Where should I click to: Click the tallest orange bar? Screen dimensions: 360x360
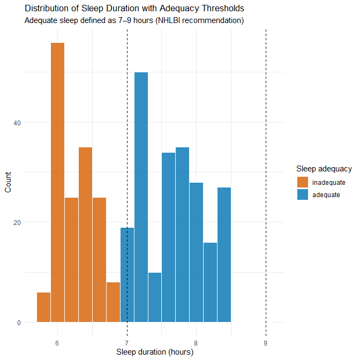click(57, 182)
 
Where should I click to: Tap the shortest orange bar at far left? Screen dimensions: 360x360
click(44, 307)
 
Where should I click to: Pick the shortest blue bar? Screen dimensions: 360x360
click(155, 297)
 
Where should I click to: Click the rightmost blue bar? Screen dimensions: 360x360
click(224, 254)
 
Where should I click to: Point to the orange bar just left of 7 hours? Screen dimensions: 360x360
click(113, 302)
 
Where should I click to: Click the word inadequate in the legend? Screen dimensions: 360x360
click(328, 183)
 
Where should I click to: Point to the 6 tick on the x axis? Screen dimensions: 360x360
click(57, 342)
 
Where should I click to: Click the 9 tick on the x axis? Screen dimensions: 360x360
click(266, 342)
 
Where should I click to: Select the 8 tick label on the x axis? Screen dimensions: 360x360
click(197, 342)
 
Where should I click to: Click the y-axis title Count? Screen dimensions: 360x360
click(8, 183)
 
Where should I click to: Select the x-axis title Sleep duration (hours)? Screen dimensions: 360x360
click(155, 352)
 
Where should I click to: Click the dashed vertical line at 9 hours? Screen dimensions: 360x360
click(266, 161)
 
